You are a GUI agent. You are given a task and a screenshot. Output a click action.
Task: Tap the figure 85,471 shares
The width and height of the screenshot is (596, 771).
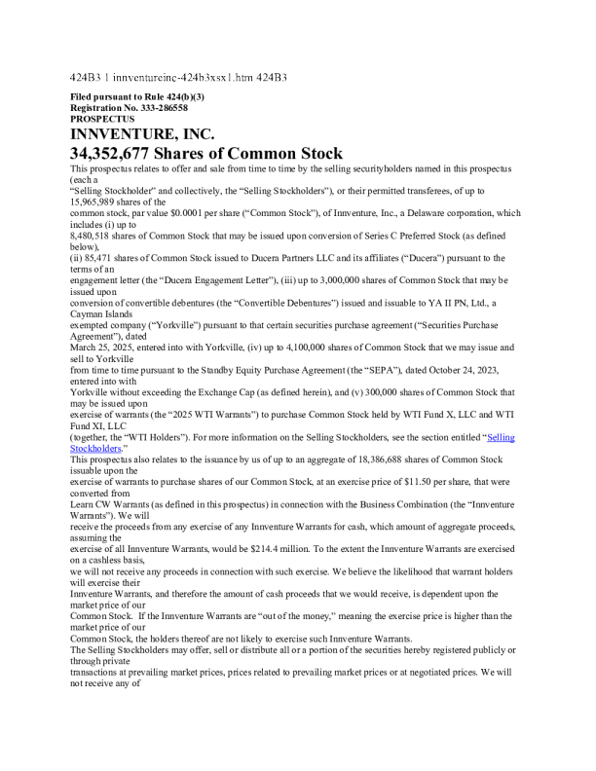[101, 258]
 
